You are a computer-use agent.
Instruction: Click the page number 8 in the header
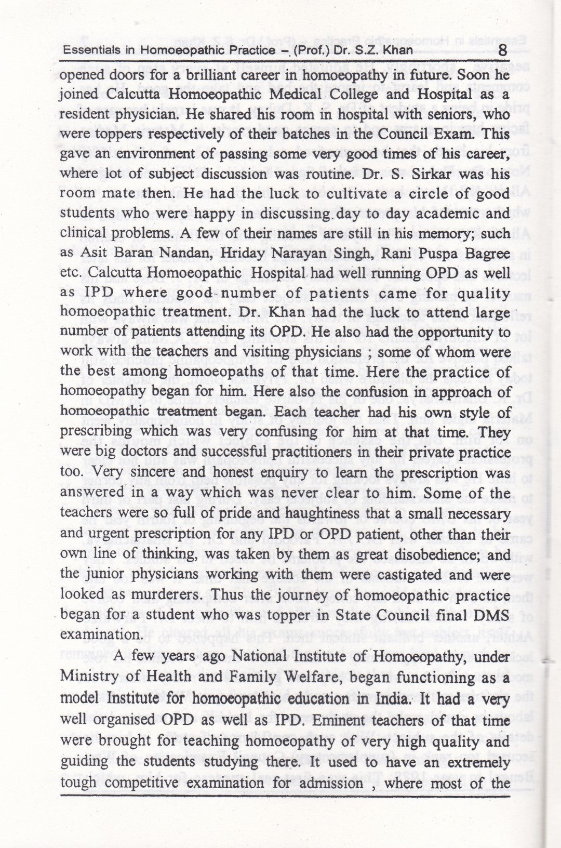502,50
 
